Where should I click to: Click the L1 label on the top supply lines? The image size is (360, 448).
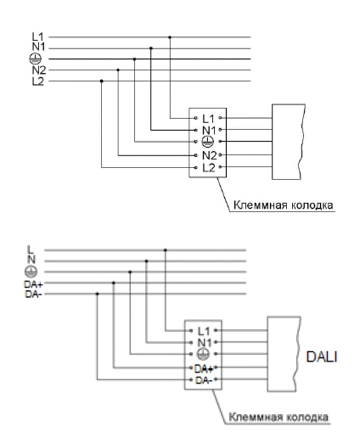tap(37, 36)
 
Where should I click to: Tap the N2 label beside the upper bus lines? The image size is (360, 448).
tap(38, 70)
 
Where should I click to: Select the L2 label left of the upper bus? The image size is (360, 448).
tap(37, 81)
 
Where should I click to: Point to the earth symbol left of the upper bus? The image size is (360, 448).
tap(35, 59)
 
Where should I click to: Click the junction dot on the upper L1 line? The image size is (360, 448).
tap(170, 37)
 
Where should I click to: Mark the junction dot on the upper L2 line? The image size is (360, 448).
tap(102, 81)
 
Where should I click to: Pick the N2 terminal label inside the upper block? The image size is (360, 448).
tap(210, 156)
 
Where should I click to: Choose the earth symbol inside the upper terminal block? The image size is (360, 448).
tap(208, 142)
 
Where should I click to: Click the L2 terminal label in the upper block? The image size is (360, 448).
tap(209, 168)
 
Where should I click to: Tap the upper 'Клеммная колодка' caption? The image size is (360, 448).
tap(283, 205)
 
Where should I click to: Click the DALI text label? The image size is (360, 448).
tap(322, 357)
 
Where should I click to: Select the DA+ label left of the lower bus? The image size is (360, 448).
tap(33, 284)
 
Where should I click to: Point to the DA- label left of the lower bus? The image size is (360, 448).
tap(33, 294)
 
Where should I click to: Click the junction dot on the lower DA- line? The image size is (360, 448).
tap(98, 294)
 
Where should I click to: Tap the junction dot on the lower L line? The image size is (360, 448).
tap(166, 250)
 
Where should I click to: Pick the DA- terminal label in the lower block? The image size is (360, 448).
tap(204, 380)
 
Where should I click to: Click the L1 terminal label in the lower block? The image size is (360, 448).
tap(204, 331)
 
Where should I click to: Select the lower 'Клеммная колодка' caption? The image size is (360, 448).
tap(278, 417)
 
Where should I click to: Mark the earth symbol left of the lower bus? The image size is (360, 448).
tap(31, 272)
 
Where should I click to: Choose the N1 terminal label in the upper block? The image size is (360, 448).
tap(209, 131)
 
